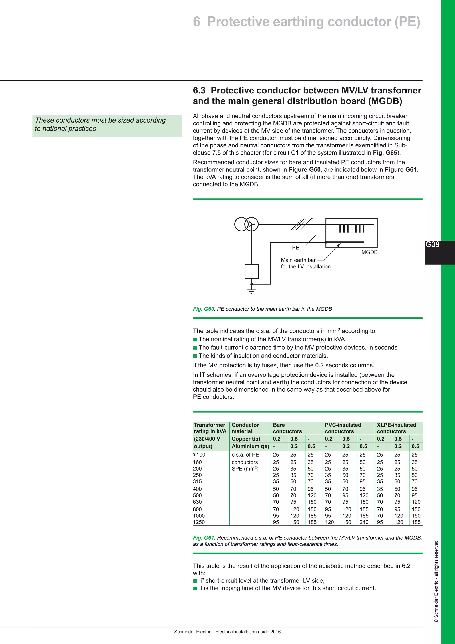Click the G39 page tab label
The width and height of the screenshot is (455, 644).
click(432, 244)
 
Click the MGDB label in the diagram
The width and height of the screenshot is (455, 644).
click(369, 252)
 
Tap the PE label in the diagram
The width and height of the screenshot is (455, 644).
click(295, 247)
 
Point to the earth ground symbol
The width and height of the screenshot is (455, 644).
click(251, 291)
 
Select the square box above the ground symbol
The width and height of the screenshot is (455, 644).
click(251, 271)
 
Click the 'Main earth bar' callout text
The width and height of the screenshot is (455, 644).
click(298, 260)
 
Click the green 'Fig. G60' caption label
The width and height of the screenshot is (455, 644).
click(204, 309)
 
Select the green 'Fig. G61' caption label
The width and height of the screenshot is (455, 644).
click(204, 538)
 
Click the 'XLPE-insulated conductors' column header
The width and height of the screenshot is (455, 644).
click(396, 428)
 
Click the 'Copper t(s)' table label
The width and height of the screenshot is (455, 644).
click(246, 439)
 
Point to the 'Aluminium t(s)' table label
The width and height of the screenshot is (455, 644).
click(250, 446)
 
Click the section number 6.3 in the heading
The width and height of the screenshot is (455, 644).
click(199, 90)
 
